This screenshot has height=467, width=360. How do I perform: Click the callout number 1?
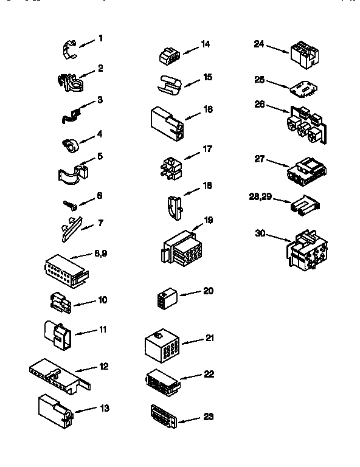(x=100, y=38)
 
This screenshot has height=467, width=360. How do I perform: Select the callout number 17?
(x=207, y=148)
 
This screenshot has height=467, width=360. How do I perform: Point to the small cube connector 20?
(x=165, y=300)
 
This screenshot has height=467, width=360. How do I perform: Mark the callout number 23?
(x=208, y=417)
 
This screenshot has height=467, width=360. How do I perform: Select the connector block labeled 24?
(x=301, y=52)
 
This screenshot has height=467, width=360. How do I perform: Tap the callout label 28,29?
(x=261, y=196)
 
